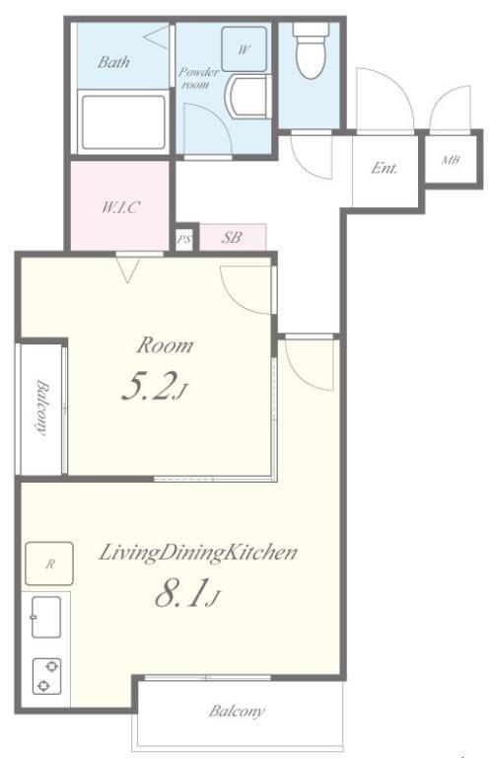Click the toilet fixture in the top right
311,50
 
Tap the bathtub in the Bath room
123,121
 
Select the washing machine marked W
244,48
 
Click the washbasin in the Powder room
245,97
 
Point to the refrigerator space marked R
49,564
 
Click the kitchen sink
46,617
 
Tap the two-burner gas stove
46,676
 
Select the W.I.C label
120,207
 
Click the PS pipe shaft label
184,239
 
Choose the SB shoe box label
232,237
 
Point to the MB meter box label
451,159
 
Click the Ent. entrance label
384,168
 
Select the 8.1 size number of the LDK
181,592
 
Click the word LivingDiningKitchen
198,553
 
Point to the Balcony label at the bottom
237,711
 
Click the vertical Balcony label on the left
42,408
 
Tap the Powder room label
199,77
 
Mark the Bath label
113,62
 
